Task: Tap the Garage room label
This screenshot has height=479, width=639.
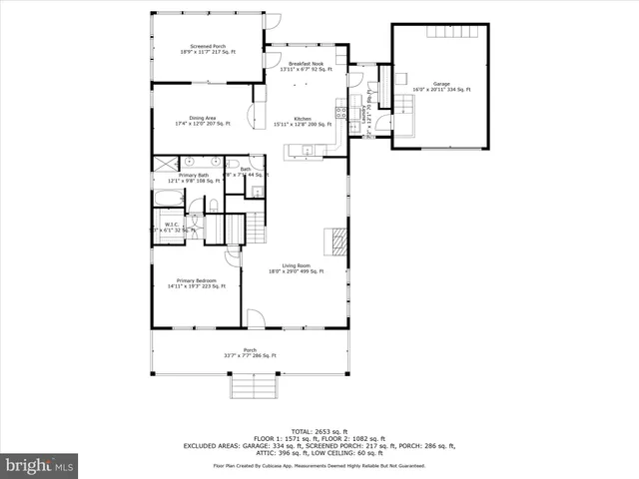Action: pyautogui.click(x=441, y=87)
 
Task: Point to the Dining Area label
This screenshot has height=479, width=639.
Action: pyautogui.click(x=203, y=121)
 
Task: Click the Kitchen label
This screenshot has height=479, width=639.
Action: pyautogui.click(x=303, y=121)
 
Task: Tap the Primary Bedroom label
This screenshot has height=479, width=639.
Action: pyautogui.click(x=197, y=283)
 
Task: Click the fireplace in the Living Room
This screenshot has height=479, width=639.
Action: pyautogui.click(x=339, y=240)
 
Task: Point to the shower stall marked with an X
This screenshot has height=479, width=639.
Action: pyautogui.click(x=162, y=163)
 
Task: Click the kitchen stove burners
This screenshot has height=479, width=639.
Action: pyautogui.click(x=340, y=111)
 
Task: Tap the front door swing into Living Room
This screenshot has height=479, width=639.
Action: pyautogui.click(x=256, y=318)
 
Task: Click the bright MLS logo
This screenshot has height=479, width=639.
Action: pyautogui.click(x=40, y=465)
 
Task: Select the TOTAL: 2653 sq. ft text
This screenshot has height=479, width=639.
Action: pyautogui.click(x=319, y=428)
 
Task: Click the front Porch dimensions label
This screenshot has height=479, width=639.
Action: pyautogui.click(x=251, y=353)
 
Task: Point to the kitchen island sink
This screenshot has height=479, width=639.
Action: pyautogui.click(x=308, y=151)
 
